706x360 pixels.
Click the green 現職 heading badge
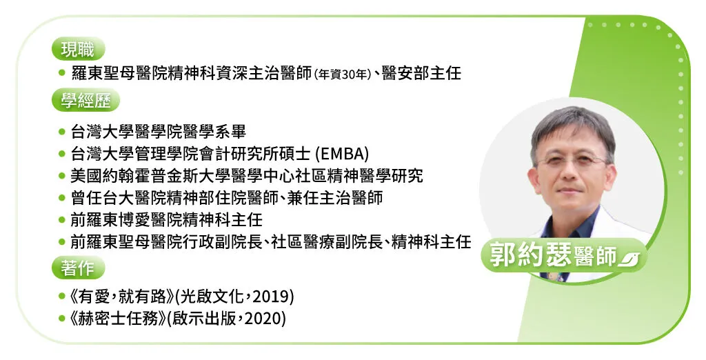click(78, 49)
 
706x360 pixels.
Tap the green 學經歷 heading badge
click(85, 100)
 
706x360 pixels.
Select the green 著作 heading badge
click(78, 268)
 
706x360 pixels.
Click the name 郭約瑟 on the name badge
click(531, 254)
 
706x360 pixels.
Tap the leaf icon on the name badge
click(629, 259)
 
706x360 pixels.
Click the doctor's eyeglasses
click(572, 160)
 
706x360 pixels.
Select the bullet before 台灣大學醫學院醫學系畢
click(61, 132)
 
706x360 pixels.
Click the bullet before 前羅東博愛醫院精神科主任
click(61, 220)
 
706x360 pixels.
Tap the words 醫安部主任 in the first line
click(421, 73)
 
